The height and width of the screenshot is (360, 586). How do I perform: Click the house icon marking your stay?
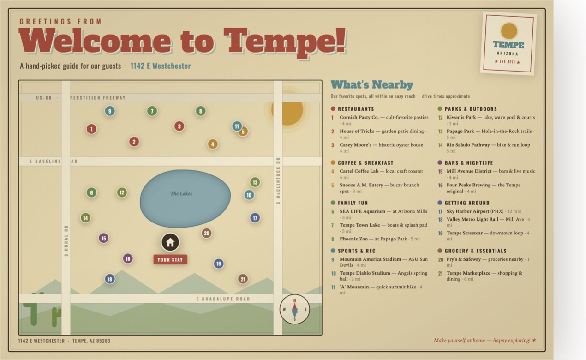coord(170,242)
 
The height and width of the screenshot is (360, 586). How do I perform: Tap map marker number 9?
coord(110,111)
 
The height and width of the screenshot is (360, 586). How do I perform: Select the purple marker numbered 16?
coord(128,259)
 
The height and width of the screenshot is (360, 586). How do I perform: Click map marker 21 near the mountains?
coord(243,279)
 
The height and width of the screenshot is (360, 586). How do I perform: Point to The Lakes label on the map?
coord(181,193)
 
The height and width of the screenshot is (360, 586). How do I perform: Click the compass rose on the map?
coord(294,309)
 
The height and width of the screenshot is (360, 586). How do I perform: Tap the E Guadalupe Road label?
coord(223,299)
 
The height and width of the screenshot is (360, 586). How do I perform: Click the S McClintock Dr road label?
coord(278,180)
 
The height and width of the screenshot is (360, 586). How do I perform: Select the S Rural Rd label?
coord(66,241)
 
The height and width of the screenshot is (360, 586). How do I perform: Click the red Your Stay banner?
coord(170,259)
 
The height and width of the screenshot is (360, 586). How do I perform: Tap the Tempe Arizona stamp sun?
coord(509,31)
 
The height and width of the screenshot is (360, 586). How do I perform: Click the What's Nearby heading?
coord(372,85)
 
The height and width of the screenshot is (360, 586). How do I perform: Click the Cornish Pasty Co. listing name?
coord(359,118)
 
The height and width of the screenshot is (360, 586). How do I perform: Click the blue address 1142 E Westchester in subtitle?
coord(161,66)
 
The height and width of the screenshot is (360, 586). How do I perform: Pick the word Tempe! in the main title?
coord(285,42)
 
